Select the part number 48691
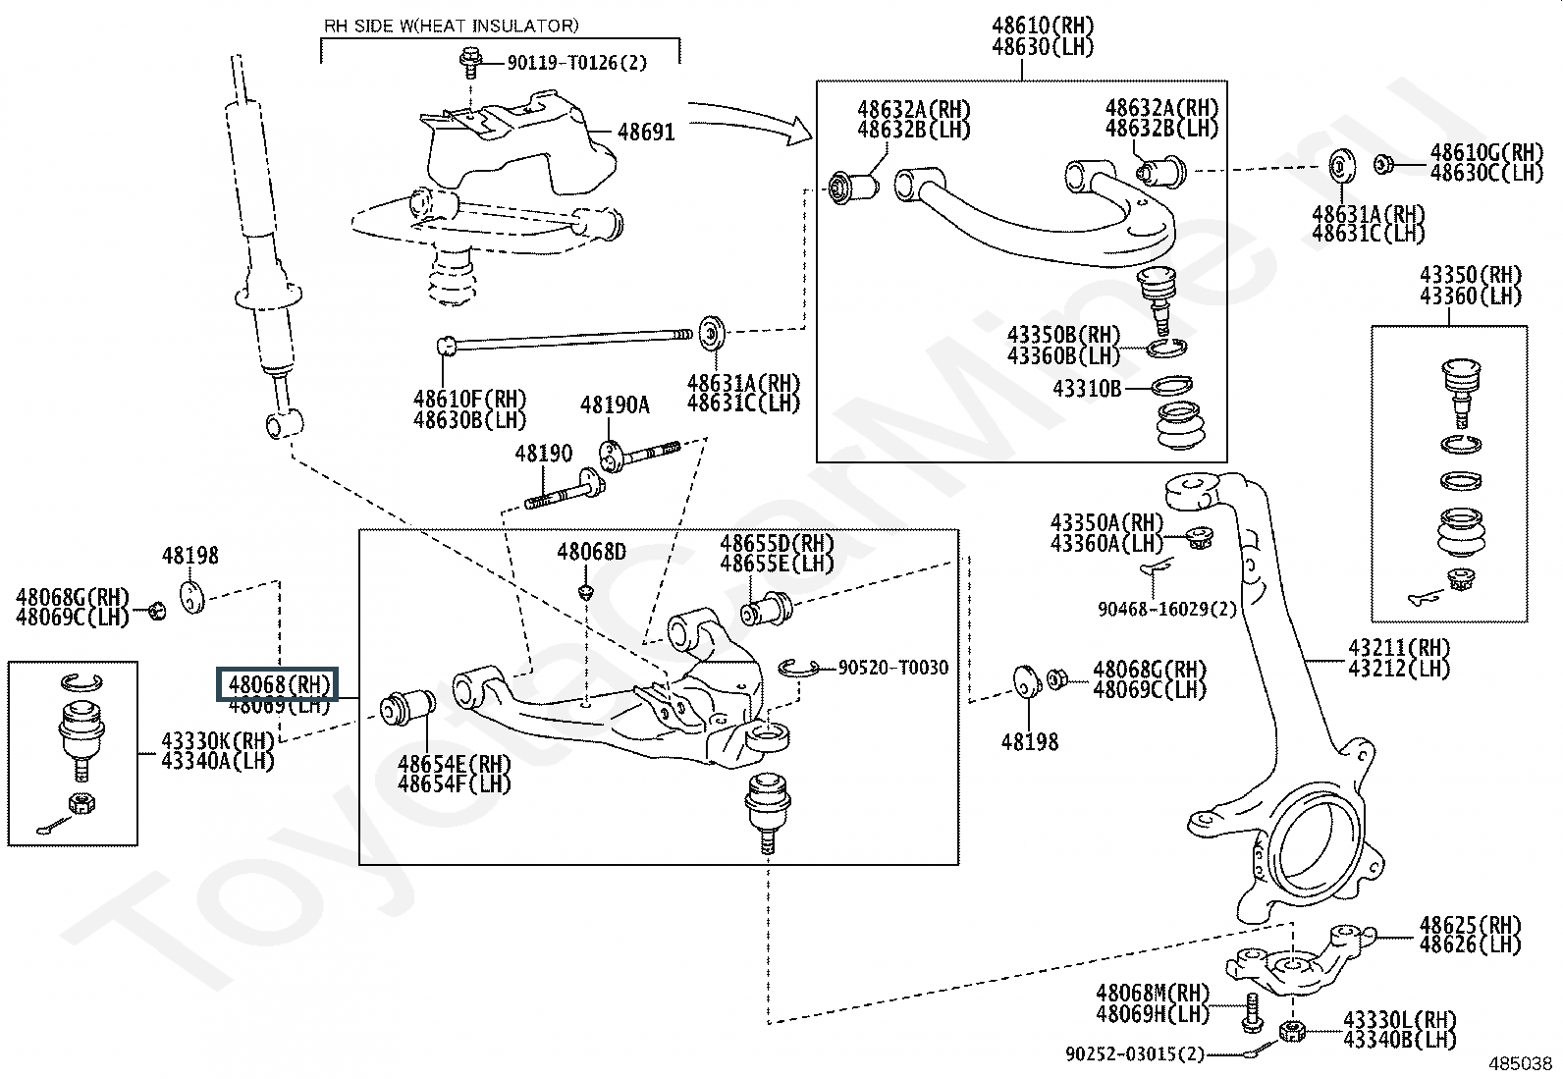pyautogui.click(x=646, y=131)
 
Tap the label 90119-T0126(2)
pyautogui.click(x=577, y=63)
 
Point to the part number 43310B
pyautogui.click(x=1087, y=389)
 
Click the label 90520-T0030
pyautogui.click(x=893, y=668)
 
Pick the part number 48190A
pyautogui.click(x=615, y=405)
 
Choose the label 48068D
pyautogui.click(x=591, y=552)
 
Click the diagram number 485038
pyautogui.click(x=1521, y=1063)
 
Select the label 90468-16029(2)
pyautogui.click(x=1167, y=609)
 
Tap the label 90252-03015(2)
pyautogui.click(x=1134, y=1053)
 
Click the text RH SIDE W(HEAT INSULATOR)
pyautogui.click(x=451, y=26)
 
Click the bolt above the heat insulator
pyautogui.click(x=470, y=60)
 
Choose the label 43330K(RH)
pyautogui.click(x=217, y=740)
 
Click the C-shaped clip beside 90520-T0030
pyautogui.click(x=799, y=668)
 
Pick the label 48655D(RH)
pyautogui.click(x=777, y=543)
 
